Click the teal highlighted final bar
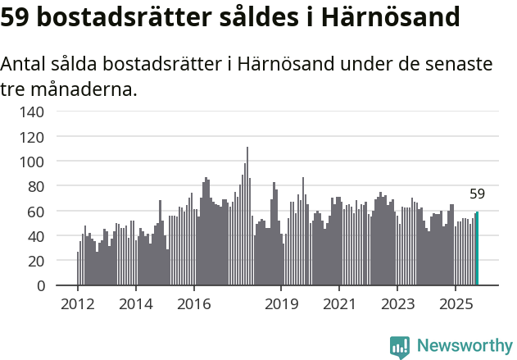[x=477, y=249]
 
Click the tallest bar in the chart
[x=247, y=216]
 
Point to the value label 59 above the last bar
[x=477, y=194]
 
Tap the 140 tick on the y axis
[x=32, y=112]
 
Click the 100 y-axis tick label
[x=32, y=162]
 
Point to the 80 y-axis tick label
[x=36, y=186]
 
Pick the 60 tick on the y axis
[x=36, y=212]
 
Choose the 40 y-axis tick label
[x=36, y=236]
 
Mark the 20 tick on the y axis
[x=36, y=261]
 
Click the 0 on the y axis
[x=40, y=286]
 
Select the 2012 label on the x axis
[x=78, y=305]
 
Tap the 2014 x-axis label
[x=135, y=305]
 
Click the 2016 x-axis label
[x=193, y=305]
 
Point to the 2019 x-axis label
[x=281, y=305]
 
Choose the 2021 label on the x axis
[x=338, y=305]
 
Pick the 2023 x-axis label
[x=397, y=305]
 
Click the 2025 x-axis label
[x=455, y=305]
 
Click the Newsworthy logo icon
[x=400, y=347]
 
